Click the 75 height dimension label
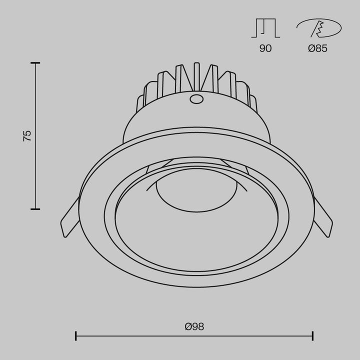coord(27,135)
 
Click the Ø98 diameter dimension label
coord(194,326)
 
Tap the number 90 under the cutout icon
coord(265,48)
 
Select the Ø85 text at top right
coord(318,48)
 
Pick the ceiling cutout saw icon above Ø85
coord(318,27)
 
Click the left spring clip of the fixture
coord(69,219)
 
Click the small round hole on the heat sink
coord(196,99)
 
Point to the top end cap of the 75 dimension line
coord(35,63)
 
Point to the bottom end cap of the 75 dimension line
coord(35,209)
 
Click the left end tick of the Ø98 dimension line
coord(76,335)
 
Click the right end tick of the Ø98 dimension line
coord(312,335)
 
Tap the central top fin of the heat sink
coord(196,75)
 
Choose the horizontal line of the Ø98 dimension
coord(150,335)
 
